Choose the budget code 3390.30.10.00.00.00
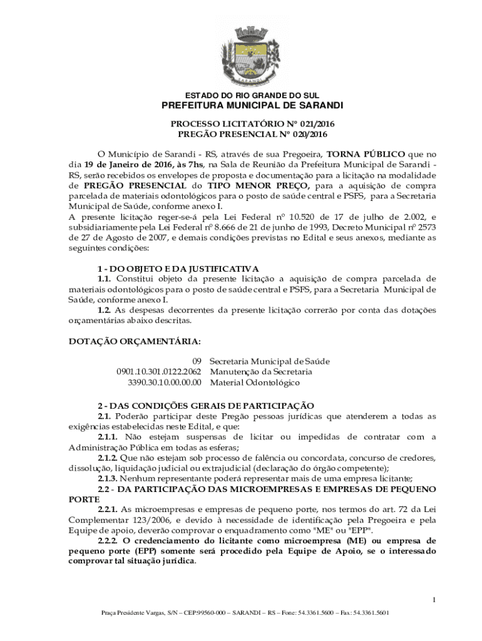click(x=165, y=382)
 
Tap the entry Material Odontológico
click(x=255, y=382)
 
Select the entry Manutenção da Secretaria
click(x=261, y=372)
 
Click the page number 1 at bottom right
click(x=433, y=601)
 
